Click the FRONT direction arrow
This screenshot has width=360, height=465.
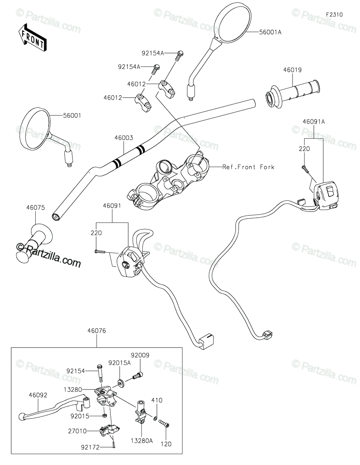tap(32, 37)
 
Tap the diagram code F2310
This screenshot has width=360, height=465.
tap(334, 14)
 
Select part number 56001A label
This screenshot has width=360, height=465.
tap(270, 33)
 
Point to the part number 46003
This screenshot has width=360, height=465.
tap(124, 138)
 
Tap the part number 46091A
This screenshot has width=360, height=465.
tap(314, 122)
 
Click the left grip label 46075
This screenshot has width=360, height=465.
tap(35, 208)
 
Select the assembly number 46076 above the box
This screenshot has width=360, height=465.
tap(96, 331)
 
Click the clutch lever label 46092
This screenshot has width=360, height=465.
tap(38, 396)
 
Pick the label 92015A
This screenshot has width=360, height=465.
tap(119, 363)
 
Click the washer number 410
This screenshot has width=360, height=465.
tap(157, 400)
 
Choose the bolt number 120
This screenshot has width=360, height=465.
tap(167, 444)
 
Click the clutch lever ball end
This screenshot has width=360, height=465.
tap(21, 417)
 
